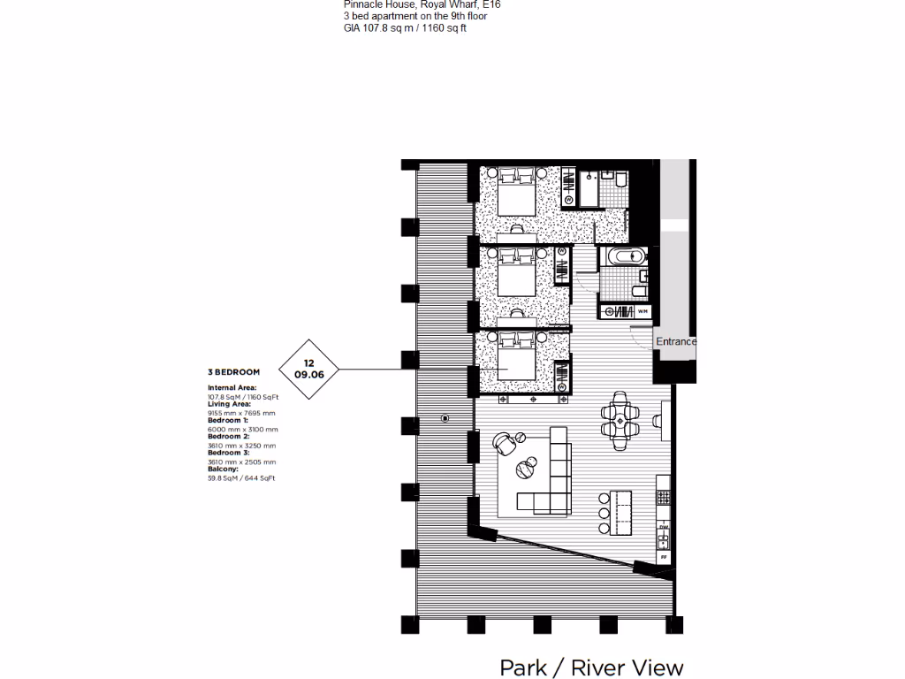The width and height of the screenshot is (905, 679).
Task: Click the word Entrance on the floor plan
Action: coord(675,341)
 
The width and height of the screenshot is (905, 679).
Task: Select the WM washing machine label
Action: coord(643,311)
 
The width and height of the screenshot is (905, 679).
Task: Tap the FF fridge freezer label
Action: coord(663,557)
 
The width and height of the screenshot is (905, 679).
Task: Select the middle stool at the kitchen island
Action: coord(603,512)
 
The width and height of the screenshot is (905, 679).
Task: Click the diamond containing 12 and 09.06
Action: coord(308,368)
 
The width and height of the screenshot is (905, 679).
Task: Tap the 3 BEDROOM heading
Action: coord(232,373)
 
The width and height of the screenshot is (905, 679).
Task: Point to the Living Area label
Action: coord(229,404)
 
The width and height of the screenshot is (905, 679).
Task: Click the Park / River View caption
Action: coord(591,667)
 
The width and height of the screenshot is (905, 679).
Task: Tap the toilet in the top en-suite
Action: coord(621,181)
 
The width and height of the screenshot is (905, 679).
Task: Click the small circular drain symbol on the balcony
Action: coord(445,418)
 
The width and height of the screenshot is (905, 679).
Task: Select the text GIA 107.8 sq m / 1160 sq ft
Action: coord(405,28)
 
